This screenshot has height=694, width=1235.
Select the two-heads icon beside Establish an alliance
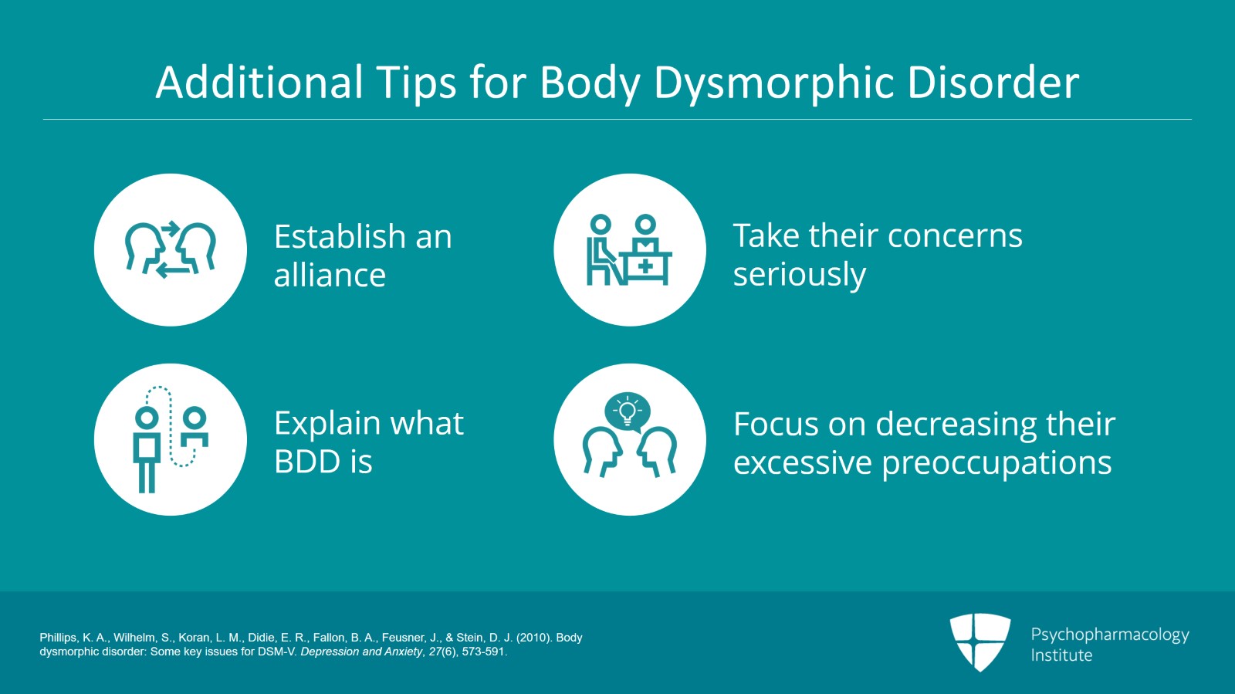[171, 249]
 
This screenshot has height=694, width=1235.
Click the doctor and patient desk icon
[629, 249]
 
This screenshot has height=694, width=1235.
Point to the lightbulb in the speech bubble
[628, 410]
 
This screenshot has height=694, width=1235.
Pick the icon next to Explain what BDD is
[171, 439]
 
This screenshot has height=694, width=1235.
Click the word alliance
[330, 276]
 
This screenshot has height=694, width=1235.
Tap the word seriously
[799, 276]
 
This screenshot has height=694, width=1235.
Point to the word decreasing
[956, 424]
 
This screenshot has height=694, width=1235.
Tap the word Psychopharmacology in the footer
[1109, 635]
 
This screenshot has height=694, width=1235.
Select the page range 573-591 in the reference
[483, 652]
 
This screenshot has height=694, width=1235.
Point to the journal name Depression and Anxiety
[360, 652]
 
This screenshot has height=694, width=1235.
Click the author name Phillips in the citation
[59, 638]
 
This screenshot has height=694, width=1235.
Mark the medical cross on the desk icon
[645, 267]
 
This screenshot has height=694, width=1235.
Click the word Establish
[340, 237]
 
